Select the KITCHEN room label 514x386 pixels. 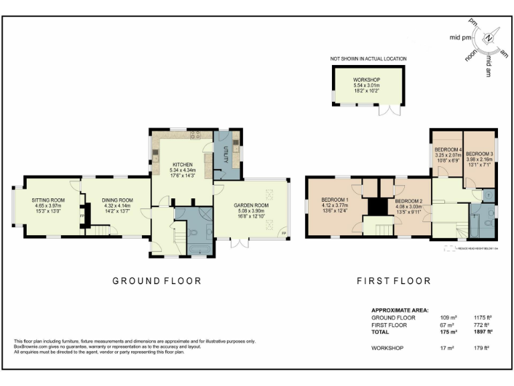click(x=183, y=165)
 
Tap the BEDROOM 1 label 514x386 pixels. click(x=335, y=200)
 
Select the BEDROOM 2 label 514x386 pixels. click(x=408, y=201)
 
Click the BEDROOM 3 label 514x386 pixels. click(x=479, y=154)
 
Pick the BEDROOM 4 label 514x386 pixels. click(x=448, y=149)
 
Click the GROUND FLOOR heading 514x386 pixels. click(x=156, y=281)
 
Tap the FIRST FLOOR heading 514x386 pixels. click(x=393, y=281)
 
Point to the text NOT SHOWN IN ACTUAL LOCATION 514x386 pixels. click(x=368, y=59)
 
